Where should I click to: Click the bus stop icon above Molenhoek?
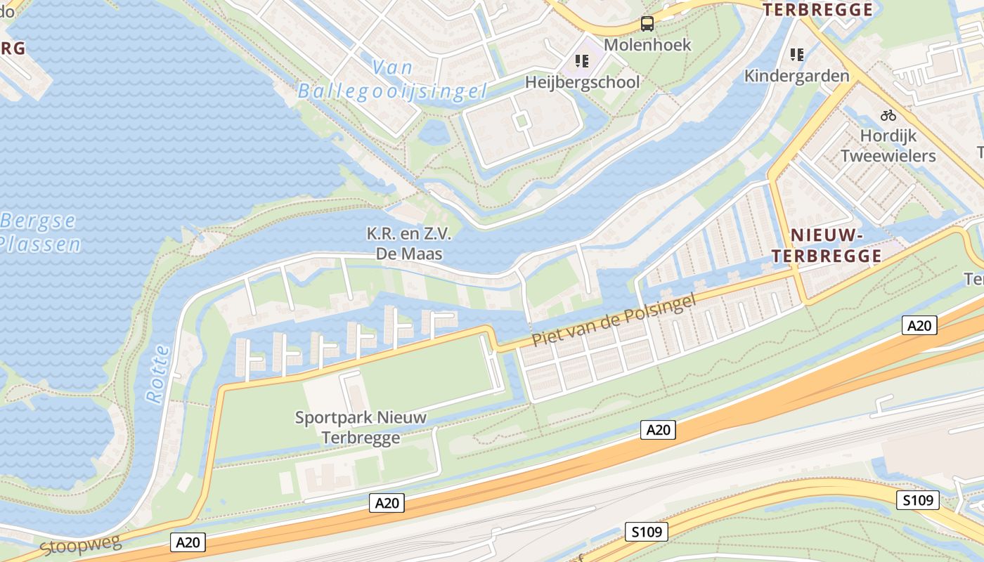tap(647, 24)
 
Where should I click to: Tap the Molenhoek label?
tap(647, 45)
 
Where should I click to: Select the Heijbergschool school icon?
tap(582, 61)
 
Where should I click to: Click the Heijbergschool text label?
tap(583, 82)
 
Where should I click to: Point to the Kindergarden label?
tap(796, 75)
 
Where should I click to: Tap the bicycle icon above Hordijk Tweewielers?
tap(888, 115)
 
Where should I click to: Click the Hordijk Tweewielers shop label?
tap(888, 145)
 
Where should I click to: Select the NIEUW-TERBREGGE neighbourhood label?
tap(827, 245)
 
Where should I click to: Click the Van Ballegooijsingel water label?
tap(392, 79)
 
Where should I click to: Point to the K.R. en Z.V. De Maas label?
tap(410, 243)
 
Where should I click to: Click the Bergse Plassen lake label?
tap(39, 233)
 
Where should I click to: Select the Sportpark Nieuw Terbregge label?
tap(361, 427)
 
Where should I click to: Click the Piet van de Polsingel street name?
tap(614, 320)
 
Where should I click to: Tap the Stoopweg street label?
tap(80, 544)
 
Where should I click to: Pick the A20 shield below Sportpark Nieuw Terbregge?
tap(387, 502)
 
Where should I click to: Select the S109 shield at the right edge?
tap(918, 500)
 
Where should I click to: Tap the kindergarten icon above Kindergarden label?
tap(796, 54)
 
